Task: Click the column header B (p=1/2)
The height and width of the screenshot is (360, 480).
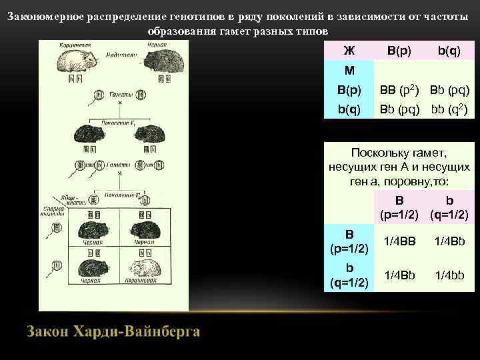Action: [399, 207]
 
